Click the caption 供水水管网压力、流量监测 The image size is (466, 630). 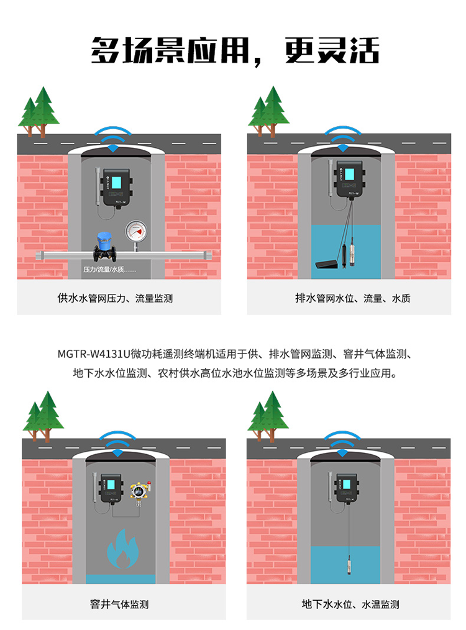[x=115, y=298]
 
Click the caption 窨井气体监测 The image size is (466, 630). [x=119, y=604]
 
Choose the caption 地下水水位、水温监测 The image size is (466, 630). [x=350, y=604]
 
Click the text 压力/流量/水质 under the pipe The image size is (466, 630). [x=109, y=270]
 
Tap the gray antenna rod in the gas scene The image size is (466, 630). [x=94, y=491]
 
